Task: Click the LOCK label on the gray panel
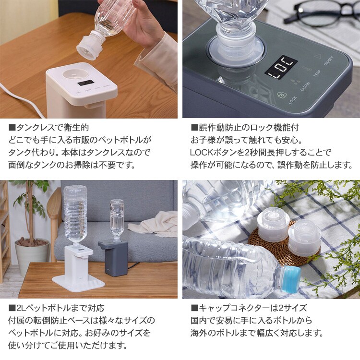(x=292, y=100)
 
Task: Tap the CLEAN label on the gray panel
(x=305, y=86)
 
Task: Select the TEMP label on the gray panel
(x=317, y=74)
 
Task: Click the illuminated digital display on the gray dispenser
(x=281, y=68)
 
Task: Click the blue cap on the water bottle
(x=291, y=279)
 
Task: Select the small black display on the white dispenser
(x=85, y=83)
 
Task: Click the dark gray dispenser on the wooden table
(x=113, y=258)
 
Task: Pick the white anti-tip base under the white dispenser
(x=79, y=283)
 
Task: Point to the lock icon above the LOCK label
(x=281, y=95)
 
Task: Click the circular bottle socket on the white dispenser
(x=75, y=74)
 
